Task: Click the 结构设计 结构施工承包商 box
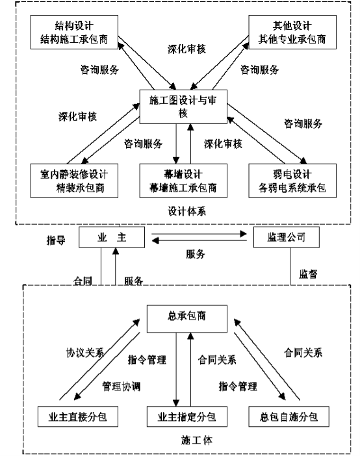pos(74,32)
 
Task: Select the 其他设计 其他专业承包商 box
pos(292,32)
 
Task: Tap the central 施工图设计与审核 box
pos(183,107)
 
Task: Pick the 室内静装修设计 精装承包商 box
pos(74,181)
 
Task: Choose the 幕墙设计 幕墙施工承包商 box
pos(183,181)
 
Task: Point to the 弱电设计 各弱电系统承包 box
pos(292,181)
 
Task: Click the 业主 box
pos(112,237)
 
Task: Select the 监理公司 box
pos(287,237)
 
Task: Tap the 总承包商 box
pos(187,319)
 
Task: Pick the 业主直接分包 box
pos(78,416)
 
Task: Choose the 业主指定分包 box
pos(187,416)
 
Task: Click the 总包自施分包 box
pos(289,416)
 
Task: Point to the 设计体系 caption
pos(187,211)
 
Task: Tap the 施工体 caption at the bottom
pos(197,440)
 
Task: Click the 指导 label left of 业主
pos(56,240)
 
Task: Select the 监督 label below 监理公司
pos(308,274)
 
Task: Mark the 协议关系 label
pos(85,353)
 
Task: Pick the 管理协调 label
pos(122,386)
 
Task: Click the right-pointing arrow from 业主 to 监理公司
pos(199,234)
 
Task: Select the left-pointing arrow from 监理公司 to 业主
pos(199,240)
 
